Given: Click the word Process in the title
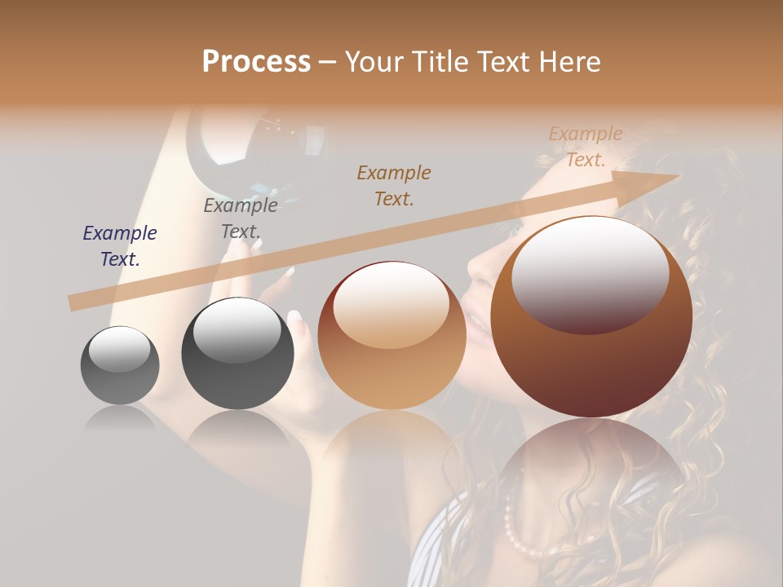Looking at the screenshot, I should [256, 62].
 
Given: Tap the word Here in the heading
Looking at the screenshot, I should [568, 62].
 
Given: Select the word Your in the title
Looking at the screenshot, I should [372, 62].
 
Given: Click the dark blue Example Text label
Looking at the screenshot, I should [120, 246].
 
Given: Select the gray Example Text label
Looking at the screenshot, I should [241, 218].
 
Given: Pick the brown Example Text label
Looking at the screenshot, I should [394, 186].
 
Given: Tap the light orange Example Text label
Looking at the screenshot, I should [586, 147].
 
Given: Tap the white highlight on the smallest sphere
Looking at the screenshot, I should [119, 349].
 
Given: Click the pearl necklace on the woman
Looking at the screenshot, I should [522, 534].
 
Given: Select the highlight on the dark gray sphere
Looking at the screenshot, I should [237, 330].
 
